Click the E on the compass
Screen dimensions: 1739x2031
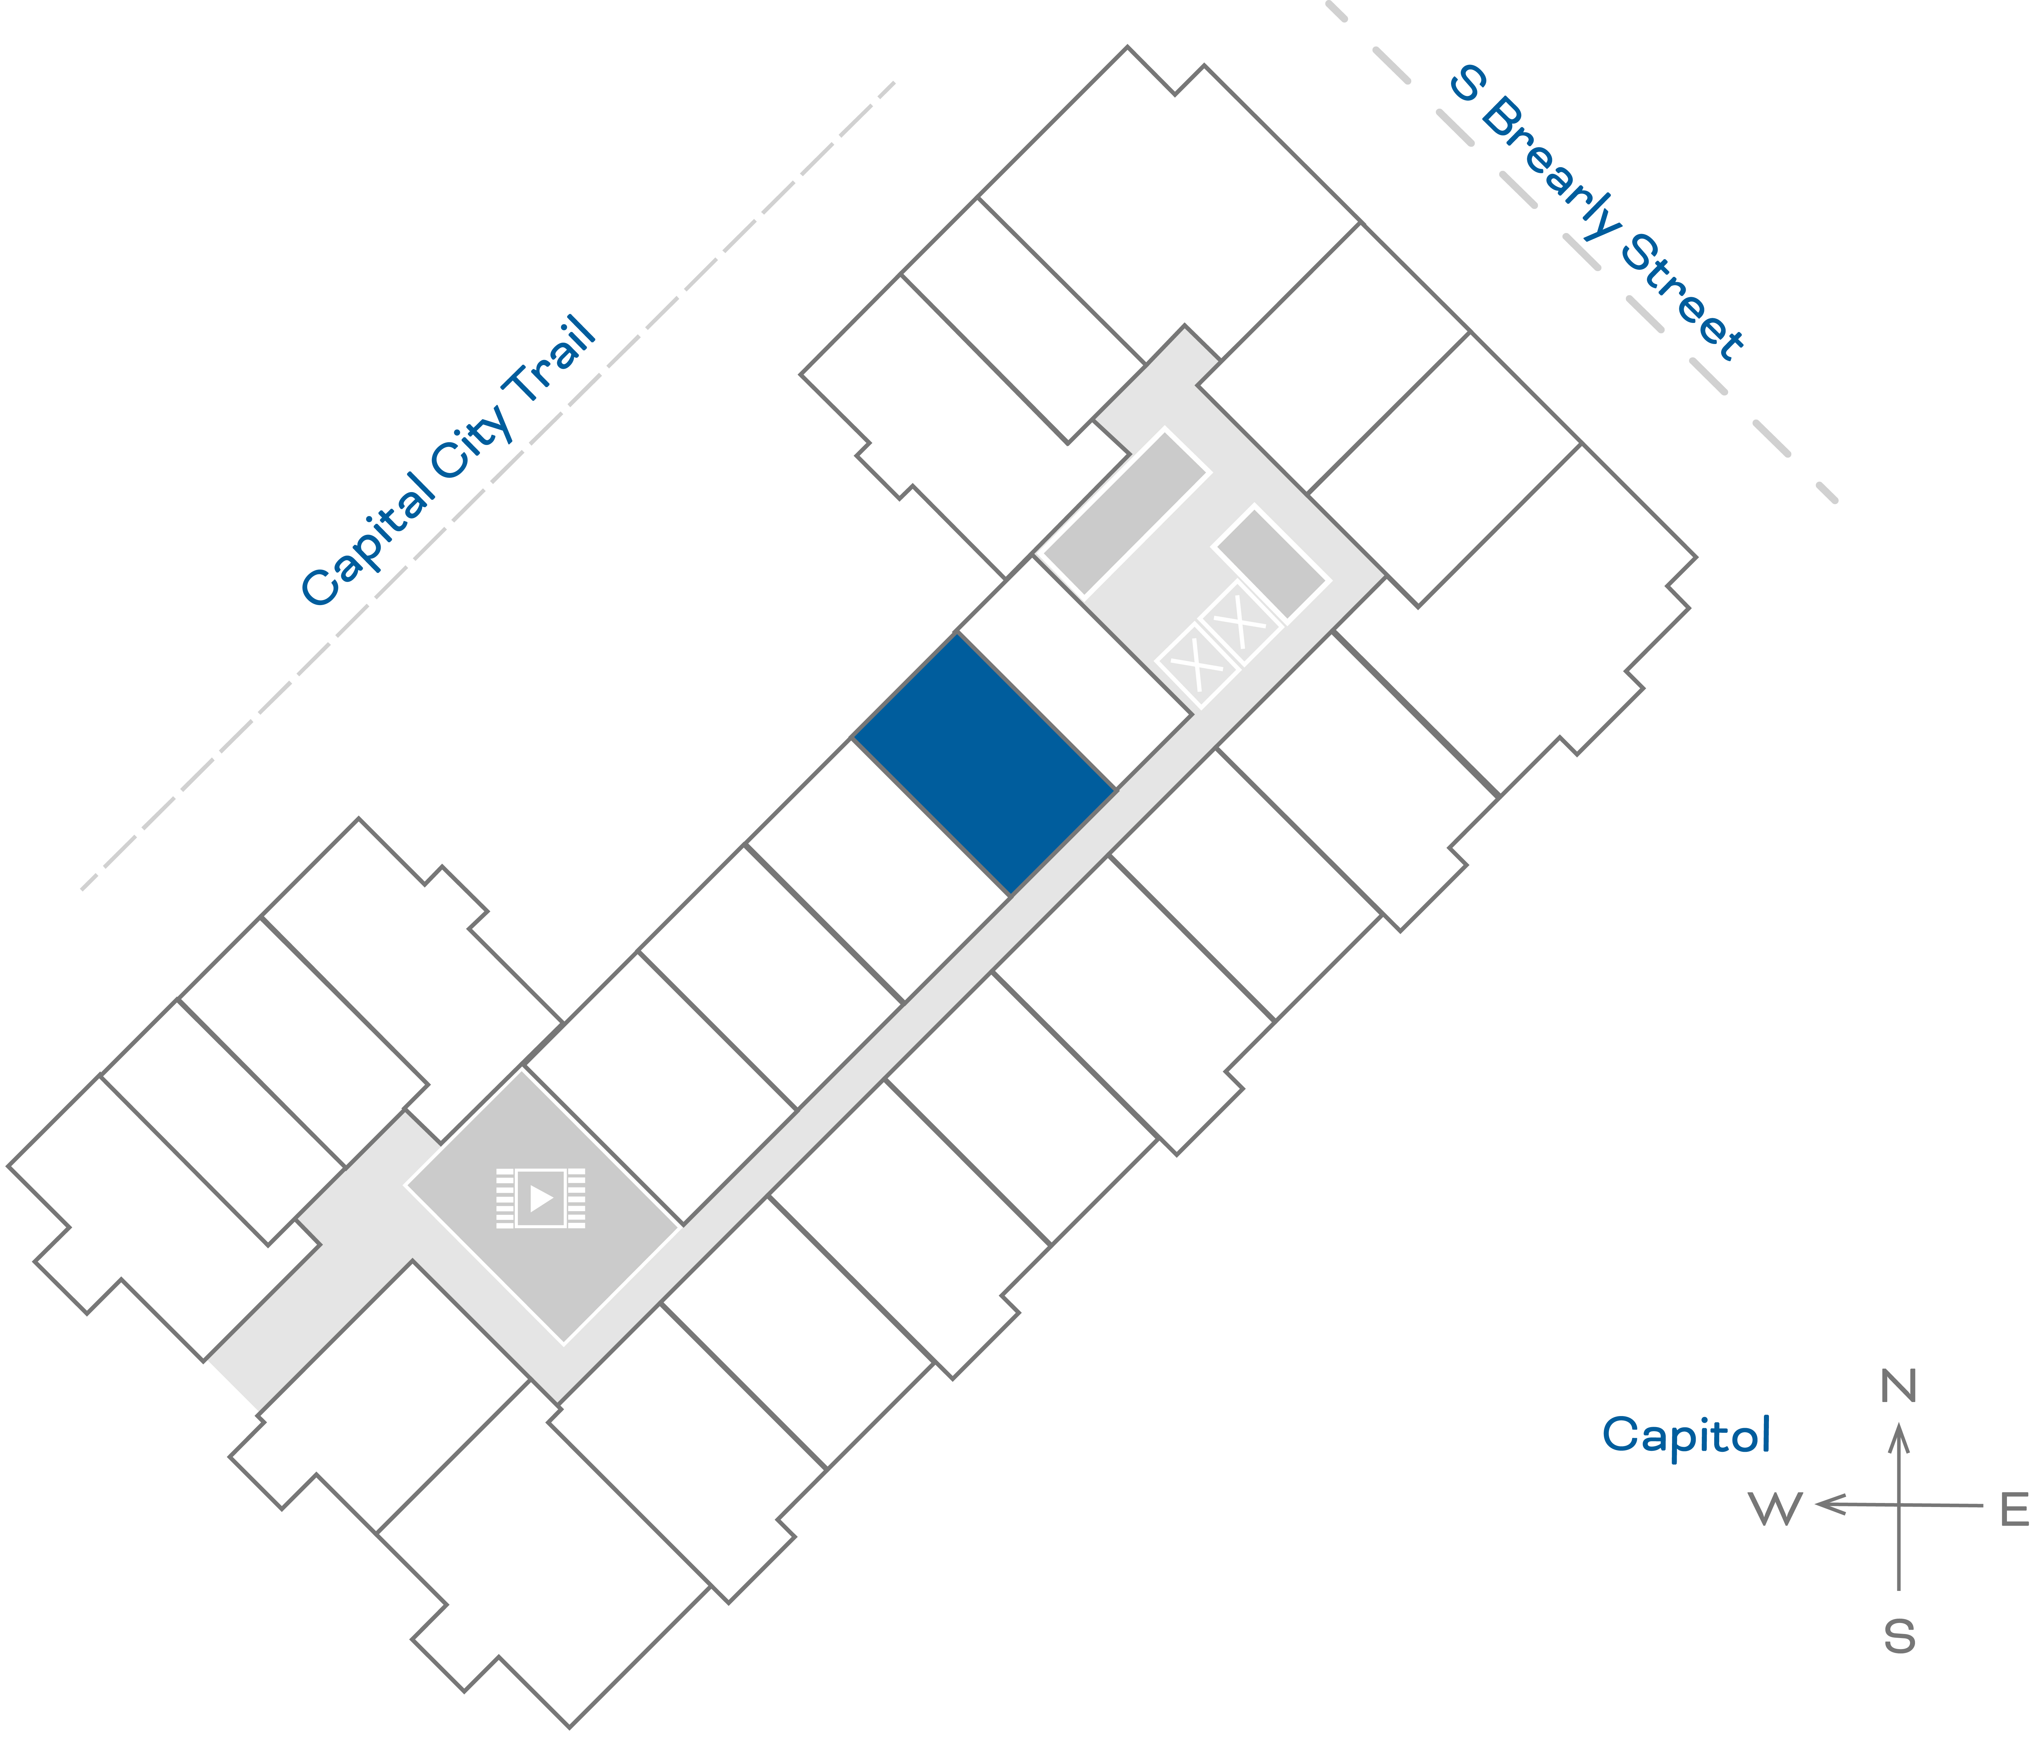[x=2013, y=1510]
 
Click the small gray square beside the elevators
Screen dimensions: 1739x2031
[x=1270, y=564]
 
